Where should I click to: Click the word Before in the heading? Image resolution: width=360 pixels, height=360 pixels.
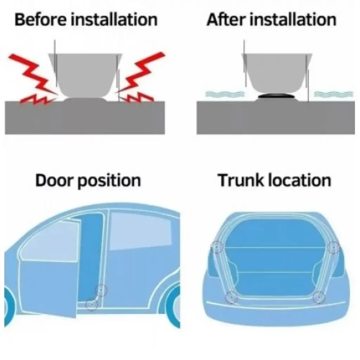tap(40, 20)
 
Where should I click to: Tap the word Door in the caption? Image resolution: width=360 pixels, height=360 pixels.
tap(54, 180)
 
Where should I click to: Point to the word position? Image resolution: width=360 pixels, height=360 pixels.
tap(109, 182)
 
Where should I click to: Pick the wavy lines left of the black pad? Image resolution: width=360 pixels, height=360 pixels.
tap(225, 94)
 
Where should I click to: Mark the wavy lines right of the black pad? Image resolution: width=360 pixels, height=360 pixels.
tap(333, 94)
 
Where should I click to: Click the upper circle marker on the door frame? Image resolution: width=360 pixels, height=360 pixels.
tap(101, 290)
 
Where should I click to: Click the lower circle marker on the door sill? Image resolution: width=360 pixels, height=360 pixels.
tap(92, 305)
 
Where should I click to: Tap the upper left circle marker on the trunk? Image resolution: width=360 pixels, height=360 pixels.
tap(217, 247)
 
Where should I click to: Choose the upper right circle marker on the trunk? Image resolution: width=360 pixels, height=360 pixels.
tap(333, 247)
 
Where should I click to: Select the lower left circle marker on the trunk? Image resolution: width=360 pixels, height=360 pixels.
tap(231, 297)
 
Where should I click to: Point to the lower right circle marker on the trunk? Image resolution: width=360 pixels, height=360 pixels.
tap(319, 297)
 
